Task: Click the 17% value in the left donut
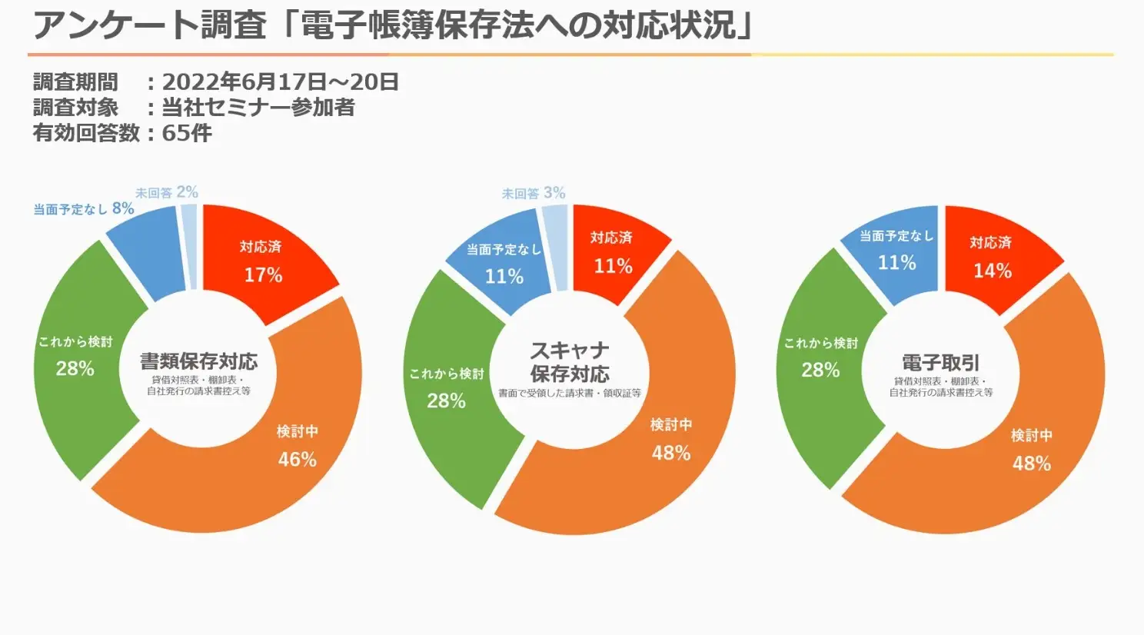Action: click(x=263, y=275)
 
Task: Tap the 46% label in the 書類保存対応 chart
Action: click(x=298, y=459)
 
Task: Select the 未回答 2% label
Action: click(x=167, y=192)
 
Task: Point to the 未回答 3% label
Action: click(x=534, y=193)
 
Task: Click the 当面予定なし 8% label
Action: click(x=84, y=209)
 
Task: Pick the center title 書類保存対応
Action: click(x=198, y=361)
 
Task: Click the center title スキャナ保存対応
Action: click(x=570, y=362)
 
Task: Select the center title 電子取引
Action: click(x=941, y=362)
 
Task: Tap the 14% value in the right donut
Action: click(x=993, y=271)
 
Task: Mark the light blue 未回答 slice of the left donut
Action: click(x=189, y=246)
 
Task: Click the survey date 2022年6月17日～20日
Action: click(x=281, y=82)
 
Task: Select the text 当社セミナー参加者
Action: click(x=258, y=108)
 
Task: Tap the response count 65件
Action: click(x=187, y=133)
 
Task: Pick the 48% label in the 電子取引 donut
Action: click(x=1031, y=464)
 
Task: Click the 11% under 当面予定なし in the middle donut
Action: click(x=504, y=276)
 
